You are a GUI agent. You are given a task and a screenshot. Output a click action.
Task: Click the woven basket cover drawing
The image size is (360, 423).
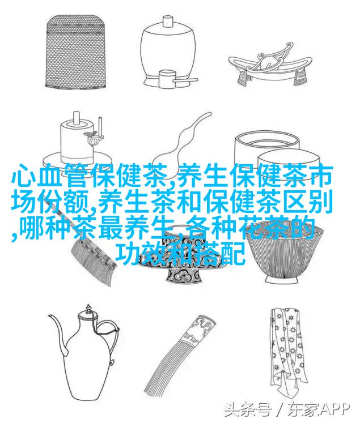(x=75, y=52)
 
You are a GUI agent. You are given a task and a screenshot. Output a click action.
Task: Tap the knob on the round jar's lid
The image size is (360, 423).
(x=167, y=20)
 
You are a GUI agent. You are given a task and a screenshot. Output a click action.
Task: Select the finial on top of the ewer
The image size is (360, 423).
(x=88, y=309)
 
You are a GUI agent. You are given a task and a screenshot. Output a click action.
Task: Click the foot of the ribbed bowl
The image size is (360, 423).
(x=281, y=279)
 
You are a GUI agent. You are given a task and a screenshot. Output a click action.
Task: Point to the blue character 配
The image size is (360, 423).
(x=232, y=254)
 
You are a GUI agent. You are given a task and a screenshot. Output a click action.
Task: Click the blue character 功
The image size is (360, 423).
(x=129, y=254)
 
